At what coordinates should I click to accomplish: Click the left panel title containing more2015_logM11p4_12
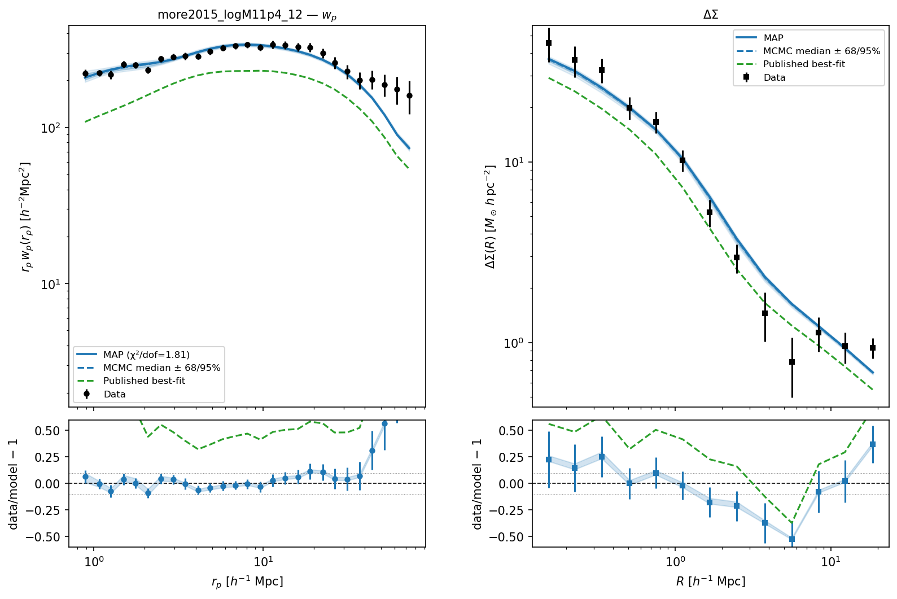(x=247, y=15)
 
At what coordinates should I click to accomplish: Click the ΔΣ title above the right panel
(x=711, y=15)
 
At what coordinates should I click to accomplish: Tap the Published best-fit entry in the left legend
(x=131, y=381)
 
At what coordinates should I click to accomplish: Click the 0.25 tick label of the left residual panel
(x=47, y=457)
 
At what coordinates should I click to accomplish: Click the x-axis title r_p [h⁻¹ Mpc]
(x=247, y=582)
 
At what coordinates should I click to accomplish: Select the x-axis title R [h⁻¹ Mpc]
(x=711, y=581)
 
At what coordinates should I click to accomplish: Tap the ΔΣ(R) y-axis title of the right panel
(x=490, y=217)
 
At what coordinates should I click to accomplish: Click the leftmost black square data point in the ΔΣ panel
(x=549, y=43)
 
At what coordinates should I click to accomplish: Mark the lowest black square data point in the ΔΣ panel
(x=791, y=362)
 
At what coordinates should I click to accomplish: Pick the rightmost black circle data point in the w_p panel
(x=409, y=96)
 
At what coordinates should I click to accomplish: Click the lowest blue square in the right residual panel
(x=791, y=539)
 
